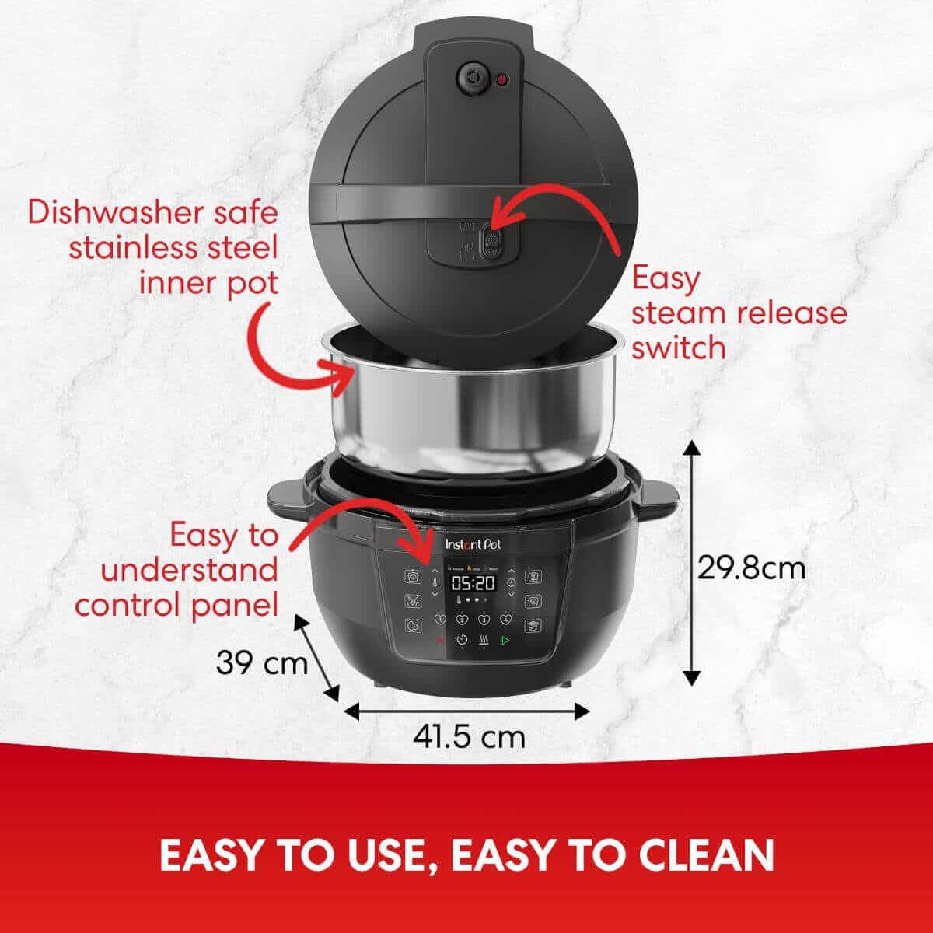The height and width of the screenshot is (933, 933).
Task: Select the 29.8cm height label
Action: [751, 568]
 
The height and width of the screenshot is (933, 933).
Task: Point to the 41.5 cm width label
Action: [469, 736]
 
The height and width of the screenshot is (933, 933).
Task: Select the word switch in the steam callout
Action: [678, 348]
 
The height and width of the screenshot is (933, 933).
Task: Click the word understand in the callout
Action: [189, 570]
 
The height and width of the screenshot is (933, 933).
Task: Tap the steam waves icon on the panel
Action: [484, 641]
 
